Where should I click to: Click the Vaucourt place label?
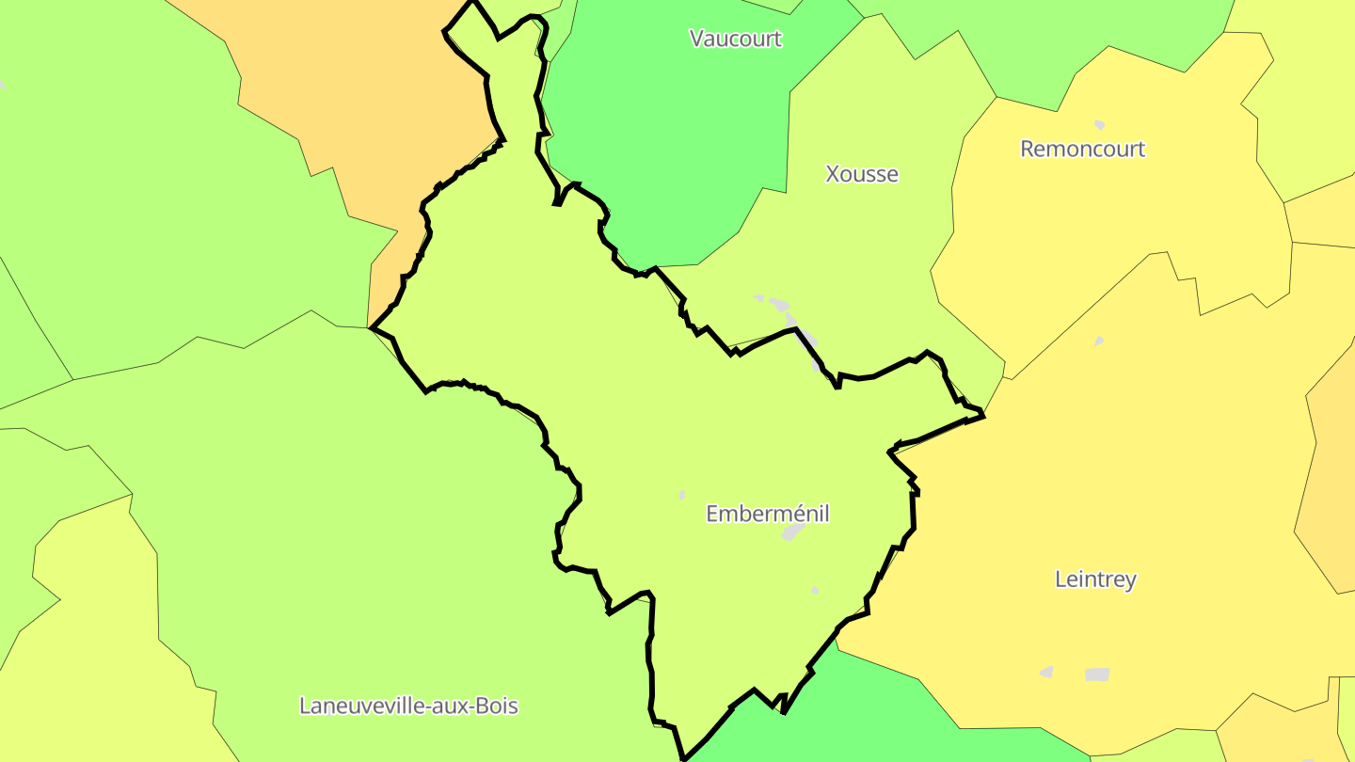[736, 39]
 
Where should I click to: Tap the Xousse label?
[861, 174]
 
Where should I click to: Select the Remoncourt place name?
[1082, 149]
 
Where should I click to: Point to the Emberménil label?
[767, 514]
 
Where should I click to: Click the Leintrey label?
[1095, 579]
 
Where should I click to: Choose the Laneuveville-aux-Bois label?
[408, 706]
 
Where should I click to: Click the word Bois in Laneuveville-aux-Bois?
[496, 706]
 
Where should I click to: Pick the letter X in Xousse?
[832, 174]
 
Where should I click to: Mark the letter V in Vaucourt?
[696, 39]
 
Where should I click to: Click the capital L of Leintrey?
[1060, 579]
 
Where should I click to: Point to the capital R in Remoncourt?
[1028, 149]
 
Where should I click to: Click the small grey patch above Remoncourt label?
[1099, 124]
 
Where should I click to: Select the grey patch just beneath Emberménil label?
[793, 532]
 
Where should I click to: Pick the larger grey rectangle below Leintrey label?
[1097, 675]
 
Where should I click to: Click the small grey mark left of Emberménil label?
[682, 495]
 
